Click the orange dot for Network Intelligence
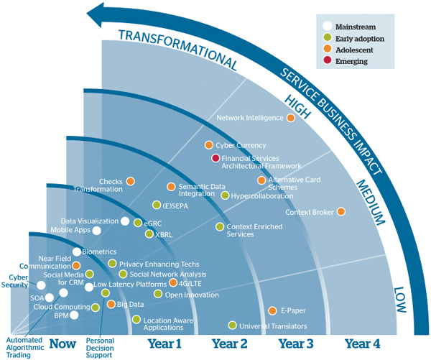pos(290,118)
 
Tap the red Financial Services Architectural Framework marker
pos(215,158)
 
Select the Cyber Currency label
pos(241,145)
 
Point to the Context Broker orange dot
pos(340,211)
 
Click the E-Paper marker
pos(272,310)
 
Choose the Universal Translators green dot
pos(232,326)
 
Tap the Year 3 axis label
pos(295,343)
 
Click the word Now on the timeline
pos(62,343)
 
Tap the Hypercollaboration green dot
pos(225,195)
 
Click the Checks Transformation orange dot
pos(130,182)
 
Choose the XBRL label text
pos(164,234)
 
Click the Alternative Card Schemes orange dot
pos(261,180)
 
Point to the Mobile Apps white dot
pos(97,231)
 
